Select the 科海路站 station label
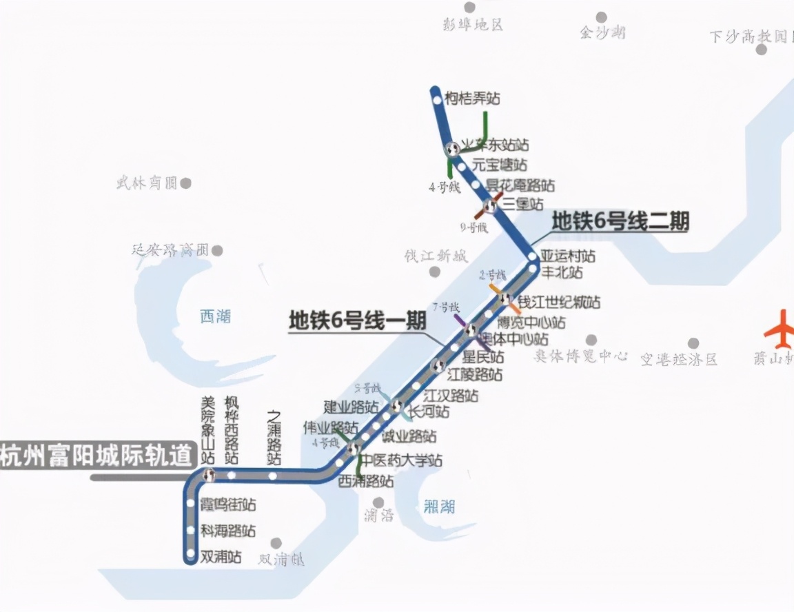click(227, 531)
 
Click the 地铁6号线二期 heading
click(620, 222)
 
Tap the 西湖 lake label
click(215, 316)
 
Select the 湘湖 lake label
click(438, 508)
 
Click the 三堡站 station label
click(523, 204)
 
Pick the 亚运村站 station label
click(567, 256)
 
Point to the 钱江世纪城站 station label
click(559, 303)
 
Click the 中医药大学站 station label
click(403, 460)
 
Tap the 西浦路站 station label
click(366, 481)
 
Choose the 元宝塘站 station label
click(500, 165)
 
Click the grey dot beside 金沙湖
click(601, 17)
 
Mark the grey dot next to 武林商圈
click(185, 183)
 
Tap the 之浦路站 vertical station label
click(274, 438)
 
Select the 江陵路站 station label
click(474, 376)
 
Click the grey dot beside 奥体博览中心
click(591, 340)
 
